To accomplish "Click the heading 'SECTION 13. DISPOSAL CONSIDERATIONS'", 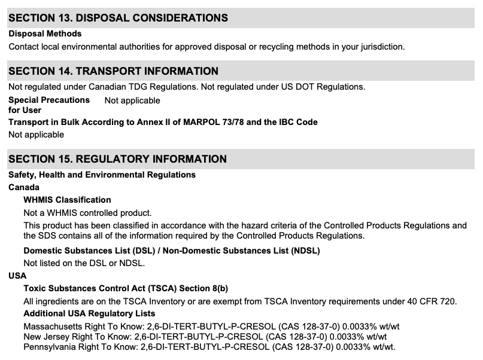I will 118,18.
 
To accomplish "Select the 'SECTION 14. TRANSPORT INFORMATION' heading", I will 113,71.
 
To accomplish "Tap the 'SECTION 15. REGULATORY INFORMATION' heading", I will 117,159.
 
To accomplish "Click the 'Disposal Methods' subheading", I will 45,33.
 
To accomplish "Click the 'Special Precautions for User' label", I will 48,105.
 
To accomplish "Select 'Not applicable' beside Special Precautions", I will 132,100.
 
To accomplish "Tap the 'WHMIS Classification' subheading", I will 67,200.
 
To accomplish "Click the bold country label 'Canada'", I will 24,187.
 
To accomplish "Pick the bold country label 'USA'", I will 17,276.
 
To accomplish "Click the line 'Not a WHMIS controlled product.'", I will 87,212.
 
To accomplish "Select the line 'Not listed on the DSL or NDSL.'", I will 84,263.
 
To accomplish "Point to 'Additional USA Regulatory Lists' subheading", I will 89,313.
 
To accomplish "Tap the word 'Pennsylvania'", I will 49,347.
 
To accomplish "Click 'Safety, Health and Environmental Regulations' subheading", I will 102,175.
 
